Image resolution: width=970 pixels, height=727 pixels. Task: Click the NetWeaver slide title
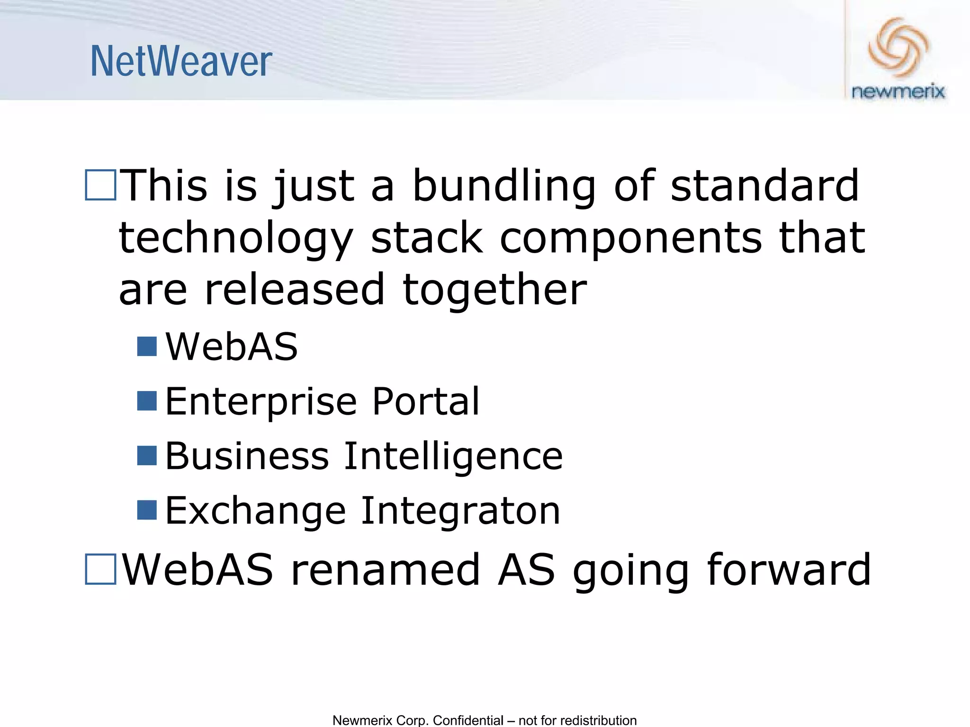point(181,62)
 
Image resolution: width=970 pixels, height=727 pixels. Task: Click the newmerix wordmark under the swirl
point(898,91)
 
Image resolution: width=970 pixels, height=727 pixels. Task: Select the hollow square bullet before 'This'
point(100,185)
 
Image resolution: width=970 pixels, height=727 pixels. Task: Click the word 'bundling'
point(504,186)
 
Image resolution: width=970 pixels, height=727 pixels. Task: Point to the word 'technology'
point(236,238)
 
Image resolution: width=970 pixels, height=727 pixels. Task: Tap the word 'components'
point(630,238)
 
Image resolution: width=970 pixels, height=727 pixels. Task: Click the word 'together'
point(494,290)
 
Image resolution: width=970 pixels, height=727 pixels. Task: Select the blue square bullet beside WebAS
point(147,346)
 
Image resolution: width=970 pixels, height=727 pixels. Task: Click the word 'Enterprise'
point(260,401)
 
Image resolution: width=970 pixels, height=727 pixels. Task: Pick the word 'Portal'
point(426,401)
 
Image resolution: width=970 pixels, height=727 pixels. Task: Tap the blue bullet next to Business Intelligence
point(147,456)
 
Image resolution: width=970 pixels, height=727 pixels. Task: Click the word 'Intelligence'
point(453,456)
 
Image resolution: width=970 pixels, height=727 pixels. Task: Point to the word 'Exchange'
point(256,511)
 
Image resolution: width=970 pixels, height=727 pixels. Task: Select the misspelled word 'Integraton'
point(460,511)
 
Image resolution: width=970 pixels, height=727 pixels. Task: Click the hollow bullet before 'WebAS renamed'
point(100,569)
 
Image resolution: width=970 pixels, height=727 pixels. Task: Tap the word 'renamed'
point(385,569)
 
